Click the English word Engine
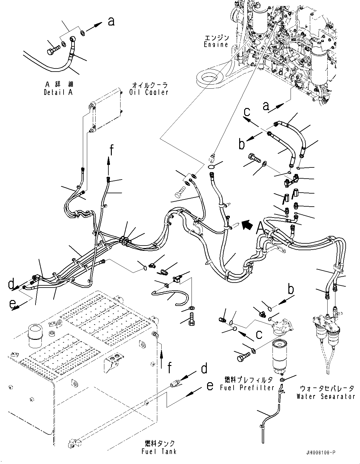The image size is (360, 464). click(216, 45)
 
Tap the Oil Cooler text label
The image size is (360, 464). click(149, 92)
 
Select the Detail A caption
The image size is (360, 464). click(58, 92)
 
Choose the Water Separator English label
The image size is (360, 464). click(325, 396)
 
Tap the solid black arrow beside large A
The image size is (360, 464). click(248, 224)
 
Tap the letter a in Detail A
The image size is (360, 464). click(111, 21)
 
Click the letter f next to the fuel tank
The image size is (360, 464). click(169, 368)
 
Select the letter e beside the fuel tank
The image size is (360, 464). click(210, 386)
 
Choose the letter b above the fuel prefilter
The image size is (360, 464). click(290, 289)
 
